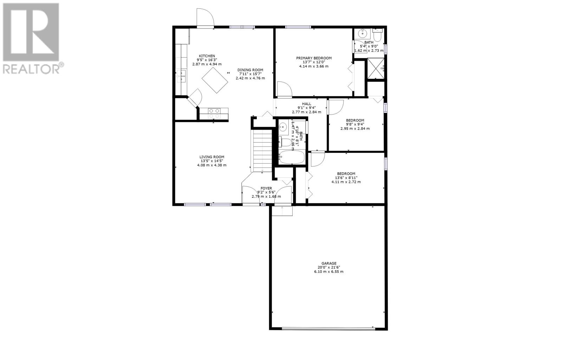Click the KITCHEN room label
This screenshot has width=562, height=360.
point(207,56)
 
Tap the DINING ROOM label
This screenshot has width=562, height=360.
point(250,70)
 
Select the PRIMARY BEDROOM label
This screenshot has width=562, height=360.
point(314,58)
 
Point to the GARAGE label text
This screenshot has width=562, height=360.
point(329,263)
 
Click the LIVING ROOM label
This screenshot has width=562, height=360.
point(212,157)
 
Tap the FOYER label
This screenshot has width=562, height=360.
point(266,188)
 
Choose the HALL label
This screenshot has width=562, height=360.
point(307,104)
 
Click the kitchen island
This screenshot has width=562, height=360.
point(215,80)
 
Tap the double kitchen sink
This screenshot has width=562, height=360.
point(181,76)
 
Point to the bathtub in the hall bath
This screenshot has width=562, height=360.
point(292,157)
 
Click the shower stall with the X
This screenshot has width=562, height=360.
point(375,68)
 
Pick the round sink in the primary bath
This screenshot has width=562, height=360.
point(362,33)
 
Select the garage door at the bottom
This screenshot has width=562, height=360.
point(328,328)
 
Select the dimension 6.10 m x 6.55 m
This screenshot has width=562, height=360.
point(329,272)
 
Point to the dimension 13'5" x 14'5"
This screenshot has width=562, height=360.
point(212,161)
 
